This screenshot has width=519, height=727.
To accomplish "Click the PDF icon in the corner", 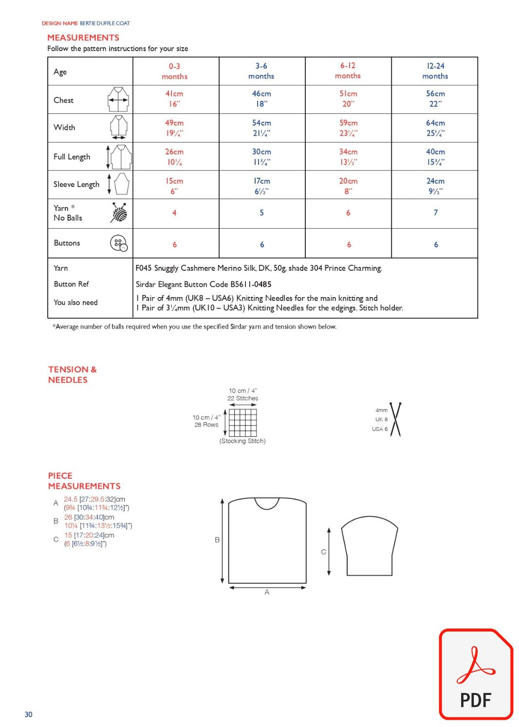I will pos(476,674).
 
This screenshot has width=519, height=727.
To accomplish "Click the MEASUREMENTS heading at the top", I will pos(83,37).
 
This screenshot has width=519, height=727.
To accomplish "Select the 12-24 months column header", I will pos(435,71).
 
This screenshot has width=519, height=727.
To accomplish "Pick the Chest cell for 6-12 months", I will pos(348,99).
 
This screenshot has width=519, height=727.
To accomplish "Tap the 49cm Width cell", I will pos(174,128).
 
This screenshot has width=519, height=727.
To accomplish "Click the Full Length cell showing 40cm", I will pos(435,157).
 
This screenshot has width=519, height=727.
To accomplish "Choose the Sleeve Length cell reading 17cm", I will pos(261,186).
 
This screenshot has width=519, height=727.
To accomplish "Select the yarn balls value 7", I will pos(435,213).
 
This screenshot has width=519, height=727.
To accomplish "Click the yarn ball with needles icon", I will pos(119,213).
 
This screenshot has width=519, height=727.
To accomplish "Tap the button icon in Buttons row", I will pos(119,243).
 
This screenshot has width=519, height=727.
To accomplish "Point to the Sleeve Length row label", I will pos(76,185).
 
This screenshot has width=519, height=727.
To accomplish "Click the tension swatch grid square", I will pos(242,422).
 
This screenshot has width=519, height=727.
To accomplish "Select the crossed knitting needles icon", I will pos(395,419).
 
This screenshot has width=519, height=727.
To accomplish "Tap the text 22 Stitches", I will pos(242,398).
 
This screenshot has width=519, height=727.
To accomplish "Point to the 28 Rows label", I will pos(206,425).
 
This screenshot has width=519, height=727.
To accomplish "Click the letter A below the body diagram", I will pos(267,593).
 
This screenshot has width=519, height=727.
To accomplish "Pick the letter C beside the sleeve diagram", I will pos(323,552).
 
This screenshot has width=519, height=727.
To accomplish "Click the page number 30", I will pos(29,714).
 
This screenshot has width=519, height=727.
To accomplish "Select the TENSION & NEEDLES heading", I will pos(72,374).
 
